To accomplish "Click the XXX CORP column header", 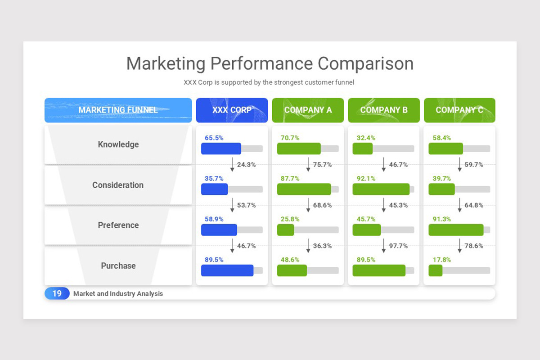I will [x=232, y=110].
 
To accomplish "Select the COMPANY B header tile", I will [x=384, y=110].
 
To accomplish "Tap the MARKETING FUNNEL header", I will [x=118, y=110].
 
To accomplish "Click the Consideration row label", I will [x=118, y=185].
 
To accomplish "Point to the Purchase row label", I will [x=118, y=266].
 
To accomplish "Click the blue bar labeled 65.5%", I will [x=221, y=149].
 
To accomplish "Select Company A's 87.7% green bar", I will [x=304, y=189].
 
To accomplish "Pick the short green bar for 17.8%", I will [x=435, y=270].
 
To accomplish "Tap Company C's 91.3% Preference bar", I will [x=456, y=230].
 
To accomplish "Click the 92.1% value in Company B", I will [x=366, y=179].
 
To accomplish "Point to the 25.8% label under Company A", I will [x=290, y=219].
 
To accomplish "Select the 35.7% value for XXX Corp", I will [x=214, y=179].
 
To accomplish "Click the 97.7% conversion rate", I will [x=398, y=246].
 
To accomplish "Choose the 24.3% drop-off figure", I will [x=246, y=165].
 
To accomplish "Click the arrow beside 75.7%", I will [x=308, y=164].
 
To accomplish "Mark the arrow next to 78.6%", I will [x=460, y=246].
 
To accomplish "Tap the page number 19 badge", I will [x=57, y=293].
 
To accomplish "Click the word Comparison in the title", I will [x=365, y=63].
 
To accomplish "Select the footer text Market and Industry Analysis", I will [x=118, y=294].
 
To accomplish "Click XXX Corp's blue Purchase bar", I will [x=227, y=270].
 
